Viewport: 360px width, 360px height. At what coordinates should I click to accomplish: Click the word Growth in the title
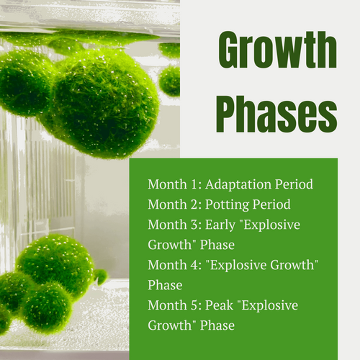point(278,50)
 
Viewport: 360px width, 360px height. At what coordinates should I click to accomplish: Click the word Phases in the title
point(276,114)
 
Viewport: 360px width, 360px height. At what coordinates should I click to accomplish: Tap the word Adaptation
point(238,185)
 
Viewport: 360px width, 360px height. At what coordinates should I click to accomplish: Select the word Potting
point(227,205)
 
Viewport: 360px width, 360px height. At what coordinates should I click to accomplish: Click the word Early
point(220,225)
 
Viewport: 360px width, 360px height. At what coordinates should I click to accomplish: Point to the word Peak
point(219,305)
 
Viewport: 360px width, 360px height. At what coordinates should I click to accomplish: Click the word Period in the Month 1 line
point(294,184)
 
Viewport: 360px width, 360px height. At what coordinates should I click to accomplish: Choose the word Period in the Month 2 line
point(271,204)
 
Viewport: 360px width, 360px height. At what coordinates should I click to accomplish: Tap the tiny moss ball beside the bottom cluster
point(101,276)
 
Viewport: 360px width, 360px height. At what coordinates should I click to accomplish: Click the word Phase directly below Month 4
point(165,285)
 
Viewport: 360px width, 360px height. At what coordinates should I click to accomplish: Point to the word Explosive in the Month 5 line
point(269,306)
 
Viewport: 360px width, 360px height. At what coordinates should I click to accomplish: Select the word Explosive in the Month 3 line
point(271,225)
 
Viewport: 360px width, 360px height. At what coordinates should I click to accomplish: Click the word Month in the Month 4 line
point(167,265)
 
